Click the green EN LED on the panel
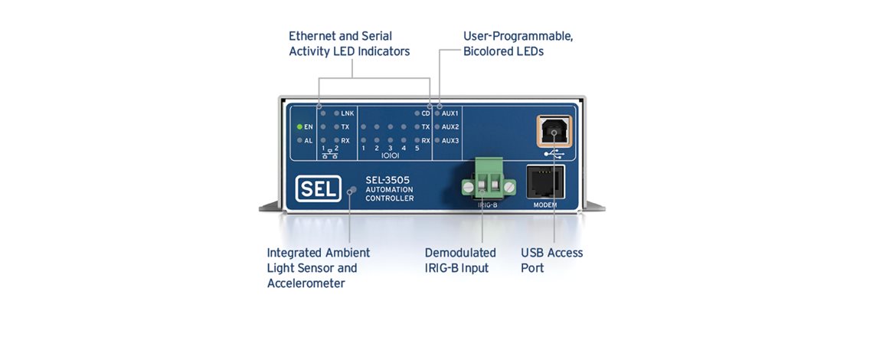point(300,126)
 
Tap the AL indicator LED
point(300,141)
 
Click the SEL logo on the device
point(317,189)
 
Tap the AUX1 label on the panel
point(450,113)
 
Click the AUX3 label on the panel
point(450,141)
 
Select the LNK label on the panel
point(347,113)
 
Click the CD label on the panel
point(426,113)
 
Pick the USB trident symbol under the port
point(552,152)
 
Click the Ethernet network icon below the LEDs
point(330,154)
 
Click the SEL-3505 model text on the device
point(388,179)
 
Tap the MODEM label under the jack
point(545,205)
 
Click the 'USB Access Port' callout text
point(551,260)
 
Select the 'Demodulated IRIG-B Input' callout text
point(460,260)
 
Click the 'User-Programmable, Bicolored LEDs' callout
point(518,44)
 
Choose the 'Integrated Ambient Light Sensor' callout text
point(319,268)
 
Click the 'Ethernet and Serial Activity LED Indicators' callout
point(349,44)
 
